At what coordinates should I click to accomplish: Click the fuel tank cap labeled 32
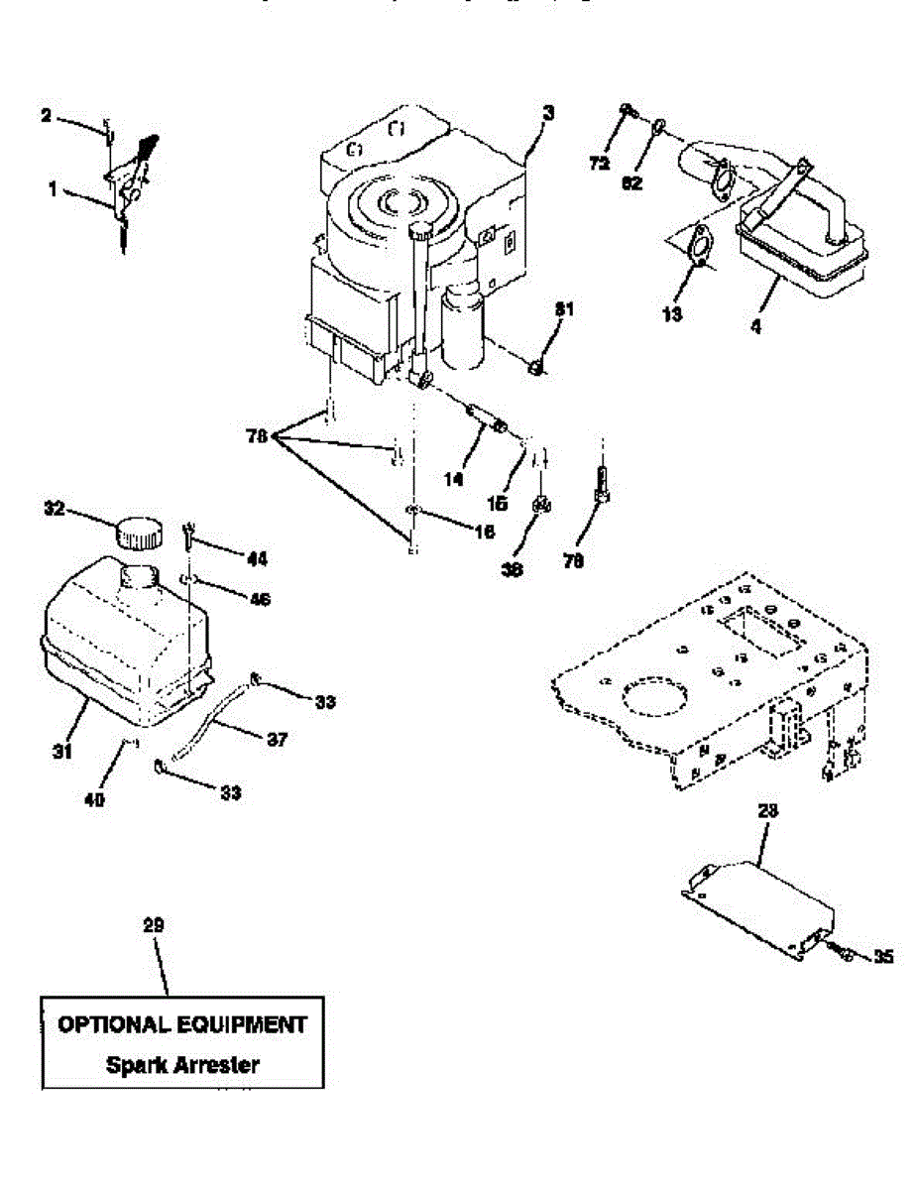point(137,532)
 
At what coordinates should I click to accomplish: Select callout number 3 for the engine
point(548,113)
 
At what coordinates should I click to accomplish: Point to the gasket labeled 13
point(699,247)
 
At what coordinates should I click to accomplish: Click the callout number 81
point(565,310)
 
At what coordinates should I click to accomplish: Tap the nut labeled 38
point(541,506)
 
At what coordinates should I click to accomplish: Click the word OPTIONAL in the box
point(120,1024)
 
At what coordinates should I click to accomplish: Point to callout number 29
point(153,925)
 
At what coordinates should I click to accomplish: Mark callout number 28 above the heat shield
point(767,810)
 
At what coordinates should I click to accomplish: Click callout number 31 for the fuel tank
point(62,753)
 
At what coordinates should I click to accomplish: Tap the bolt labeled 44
point(188,536)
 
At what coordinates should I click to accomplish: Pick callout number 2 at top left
point(46,116)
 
